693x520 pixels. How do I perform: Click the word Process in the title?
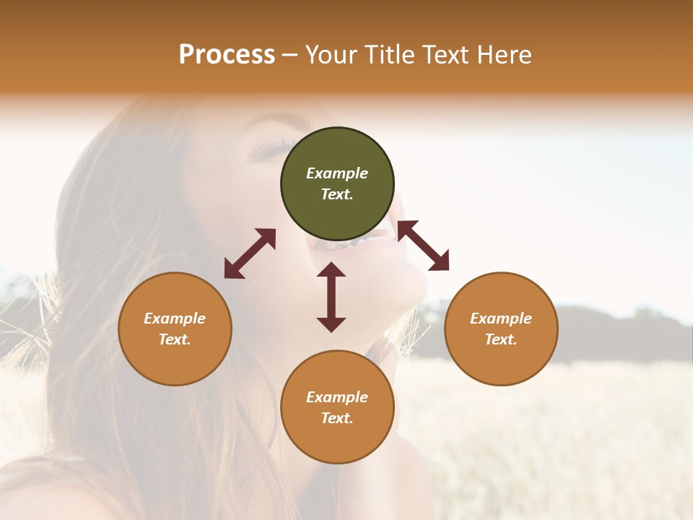[x=227, y=55]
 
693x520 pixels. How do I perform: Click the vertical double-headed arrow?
[x=331, y=297]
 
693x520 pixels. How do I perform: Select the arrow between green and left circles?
[x=250, y=253]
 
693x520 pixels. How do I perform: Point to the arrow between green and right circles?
[x=423, y=246]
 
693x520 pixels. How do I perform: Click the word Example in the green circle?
[x=337, y=173]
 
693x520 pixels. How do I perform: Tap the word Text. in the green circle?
[x=337, y=194]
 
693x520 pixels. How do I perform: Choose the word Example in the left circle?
[x=175, y=318]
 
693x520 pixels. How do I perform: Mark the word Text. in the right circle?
[x=501, y=339]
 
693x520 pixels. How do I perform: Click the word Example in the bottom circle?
[x=337, y=397]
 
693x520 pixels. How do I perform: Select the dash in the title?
[x=290, y=56]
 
